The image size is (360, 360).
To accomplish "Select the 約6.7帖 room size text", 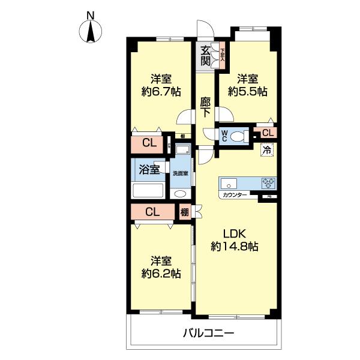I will (x=161, y=92).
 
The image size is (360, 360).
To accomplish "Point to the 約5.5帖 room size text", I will (x=247, y=92).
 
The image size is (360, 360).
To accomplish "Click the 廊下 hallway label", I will (x=205, y=107).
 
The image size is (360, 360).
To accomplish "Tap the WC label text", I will (x=224, y=136).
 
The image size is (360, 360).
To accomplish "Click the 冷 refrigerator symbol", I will (x=265, y=151).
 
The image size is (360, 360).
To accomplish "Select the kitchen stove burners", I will (x=267, y=183).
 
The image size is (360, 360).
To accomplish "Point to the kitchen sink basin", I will (x=231, y=183).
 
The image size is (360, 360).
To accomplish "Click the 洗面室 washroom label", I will (x=181, y=173).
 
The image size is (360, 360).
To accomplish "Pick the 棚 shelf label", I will (x=185, y=212).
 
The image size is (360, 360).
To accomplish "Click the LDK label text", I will (x=234, y=233).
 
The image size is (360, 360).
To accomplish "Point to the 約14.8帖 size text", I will (x=234, y=246).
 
